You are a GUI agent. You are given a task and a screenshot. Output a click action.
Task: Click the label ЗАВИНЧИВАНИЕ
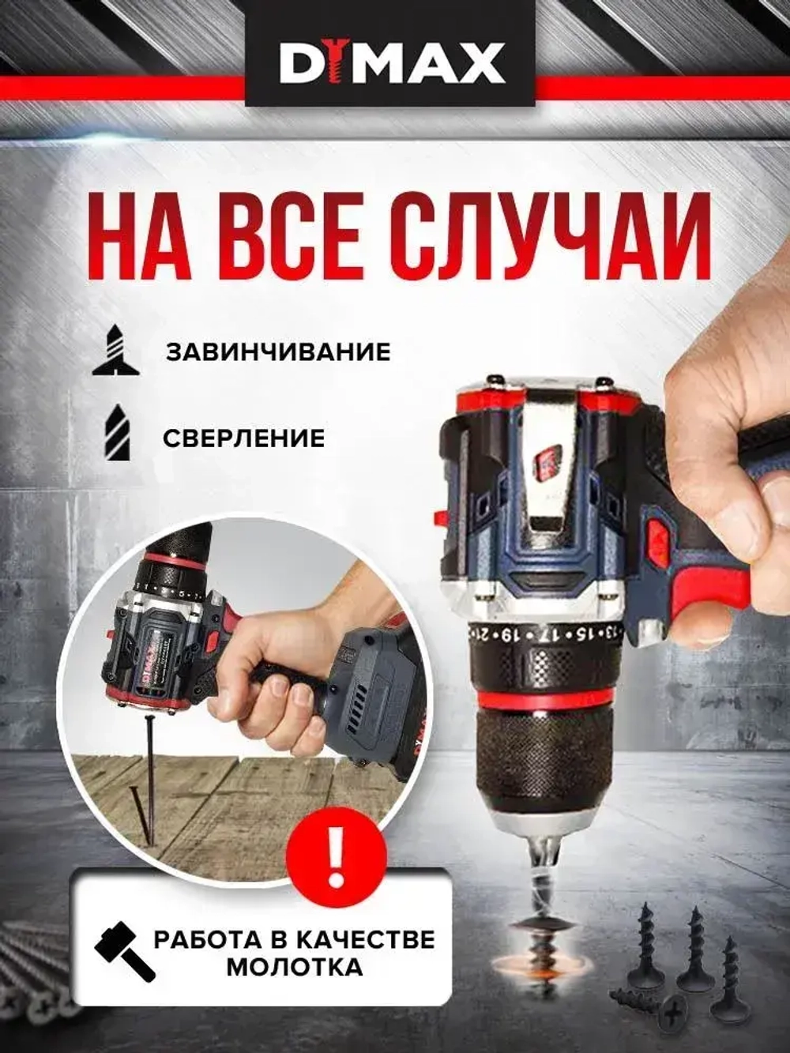277,351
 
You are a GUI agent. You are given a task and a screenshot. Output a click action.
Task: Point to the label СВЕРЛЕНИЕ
244,438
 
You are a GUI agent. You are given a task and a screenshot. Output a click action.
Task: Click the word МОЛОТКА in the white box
295,967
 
